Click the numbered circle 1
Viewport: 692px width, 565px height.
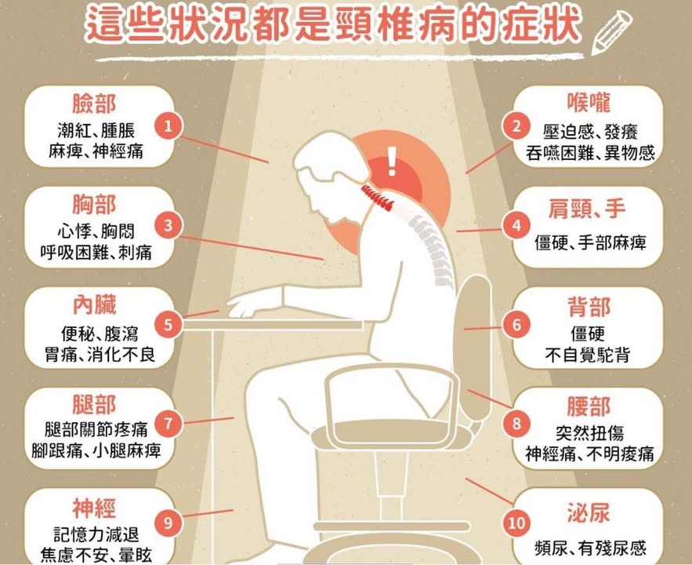168,126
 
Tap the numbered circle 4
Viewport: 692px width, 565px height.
516,226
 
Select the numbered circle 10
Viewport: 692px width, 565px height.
516,523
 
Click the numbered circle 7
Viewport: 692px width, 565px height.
168,424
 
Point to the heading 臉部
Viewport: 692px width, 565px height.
95,104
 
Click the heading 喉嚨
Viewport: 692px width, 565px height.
589,102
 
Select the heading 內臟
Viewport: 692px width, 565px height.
95,305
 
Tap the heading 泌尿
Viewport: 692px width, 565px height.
589,513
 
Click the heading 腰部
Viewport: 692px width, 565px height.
589,406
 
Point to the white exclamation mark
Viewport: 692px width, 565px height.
392,161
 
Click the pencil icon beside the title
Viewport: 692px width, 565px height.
611,32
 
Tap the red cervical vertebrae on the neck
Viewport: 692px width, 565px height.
377,198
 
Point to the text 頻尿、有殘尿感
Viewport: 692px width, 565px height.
590,549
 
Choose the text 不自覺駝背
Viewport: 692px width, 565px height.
588,355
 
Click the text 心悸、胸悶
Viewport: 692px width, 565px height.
96,231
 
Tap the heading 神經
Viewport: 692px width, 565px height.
95,508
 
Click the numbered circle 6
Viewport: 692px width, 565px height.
516,325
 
